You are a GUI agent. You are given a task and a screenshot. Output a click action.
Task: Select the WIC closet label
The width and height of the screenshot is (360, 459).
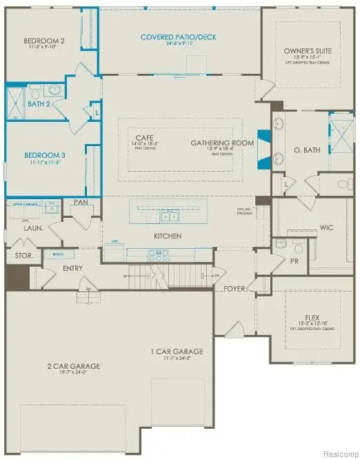(327, 227)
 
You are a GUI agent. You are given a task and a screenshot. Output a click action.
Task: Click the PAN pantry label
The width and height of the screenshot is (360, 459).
(80, 201)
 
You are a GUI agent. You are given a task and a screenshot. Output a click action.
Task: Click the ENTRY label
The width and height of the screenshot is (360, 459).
(73, 268)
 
